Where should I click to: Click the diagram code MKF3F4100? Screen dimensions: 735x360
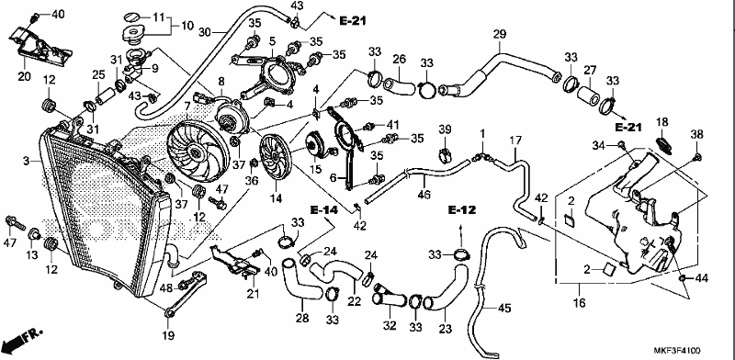678,351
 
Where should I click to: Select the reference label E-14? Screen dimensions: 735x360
323,210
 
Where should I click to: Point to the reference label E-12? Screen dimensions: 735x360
462,210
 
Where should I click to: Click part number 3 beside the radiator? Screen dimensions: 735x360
27,162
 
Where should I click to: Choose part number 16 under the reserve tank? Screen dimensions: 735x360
580,303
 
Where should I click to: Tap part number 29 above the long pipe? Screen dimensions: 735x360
500,34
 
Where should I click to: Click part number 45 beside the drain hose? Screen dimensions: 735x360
503,309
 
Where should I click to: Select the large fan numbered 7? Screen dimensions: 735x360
198,151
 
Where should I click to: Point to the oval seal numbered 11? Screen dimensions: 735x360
133,17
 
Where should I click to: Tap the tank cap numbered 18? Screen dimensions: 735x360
663,143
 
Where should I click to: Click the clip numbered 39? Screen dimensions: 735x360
445,154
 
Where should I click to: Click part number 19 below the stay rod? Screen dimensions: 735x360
168,335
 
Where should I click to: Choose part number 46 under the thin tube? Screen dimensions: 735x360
424,195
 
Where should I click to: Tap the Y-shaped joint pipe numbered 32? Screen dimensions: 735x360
390,299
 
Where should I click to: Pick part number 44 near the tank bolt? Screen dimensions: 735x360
701,279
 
